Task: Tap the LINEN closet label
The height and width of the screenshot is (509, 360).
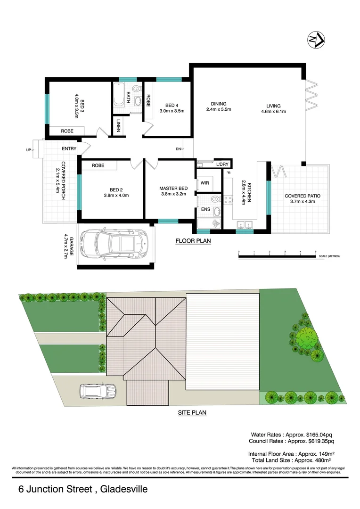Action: click(118, 126)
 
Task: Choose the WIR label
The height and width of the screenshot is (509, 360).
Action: click(205, 183)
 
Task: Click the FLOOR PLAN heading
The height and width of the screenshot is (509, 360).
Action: click(193, 241)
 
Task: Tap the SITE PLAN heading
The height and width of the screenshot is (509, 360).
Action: click(192, 412)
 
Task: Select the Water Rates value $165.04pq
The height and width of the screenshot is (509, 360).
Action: click(318, 434)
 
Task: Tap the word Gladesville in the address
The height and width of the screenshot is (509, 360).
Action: click(124, 489)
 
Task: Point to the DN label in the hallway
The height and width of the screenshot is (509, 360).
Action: click(178, 149)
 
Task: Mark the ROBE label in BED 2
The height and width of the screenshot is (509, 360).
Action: click(98, 165)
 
